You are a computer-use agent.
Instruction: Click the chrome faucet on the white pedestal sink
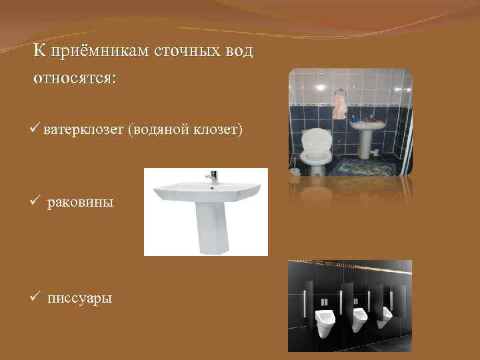[213, 177]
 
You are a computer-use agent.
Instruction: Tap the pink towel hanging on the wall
[340, 105]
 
